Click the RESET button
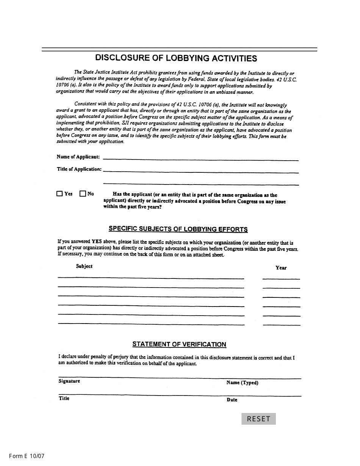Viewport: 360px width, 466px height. pos(258,419)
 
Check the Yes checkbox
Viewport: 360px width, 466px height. pos(59,194)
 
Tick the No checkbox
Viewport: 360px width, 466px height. pos(83,194)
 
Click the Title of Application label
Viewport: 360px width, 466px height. pos(79,169)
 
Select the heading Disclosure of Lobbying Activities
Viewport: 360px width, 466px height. pos(176,58)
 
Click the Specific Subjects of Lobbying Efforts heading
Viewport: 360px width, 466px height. pos(178,229)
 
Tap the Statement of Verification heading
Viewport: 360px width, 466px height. pos(179,344)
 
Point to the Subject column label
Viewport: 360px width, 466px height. pos(84,266)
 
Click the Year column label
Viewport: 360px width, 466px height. pos(281,268)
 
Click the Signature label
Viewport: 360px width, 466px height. pos(69,381)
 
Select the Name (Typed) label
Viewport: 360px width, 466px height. pos(242,383)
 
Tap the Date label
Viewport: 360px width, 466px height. pos(232,400)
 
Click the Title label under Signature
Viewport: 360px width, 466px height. pos(64,398)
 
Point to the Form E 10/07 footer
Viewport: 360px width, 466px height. pos(27,456)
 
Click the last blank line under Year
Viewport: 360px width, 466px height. pos(281,324)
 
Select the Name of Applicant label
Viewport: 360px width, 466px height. pos(78,157)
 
